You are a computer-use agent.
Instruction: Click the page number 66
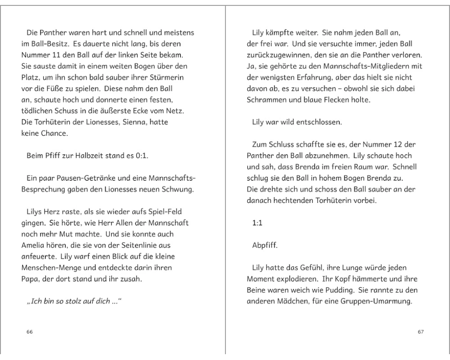point(30,332)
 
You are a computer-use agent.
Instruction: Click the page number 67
point(421,332)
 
